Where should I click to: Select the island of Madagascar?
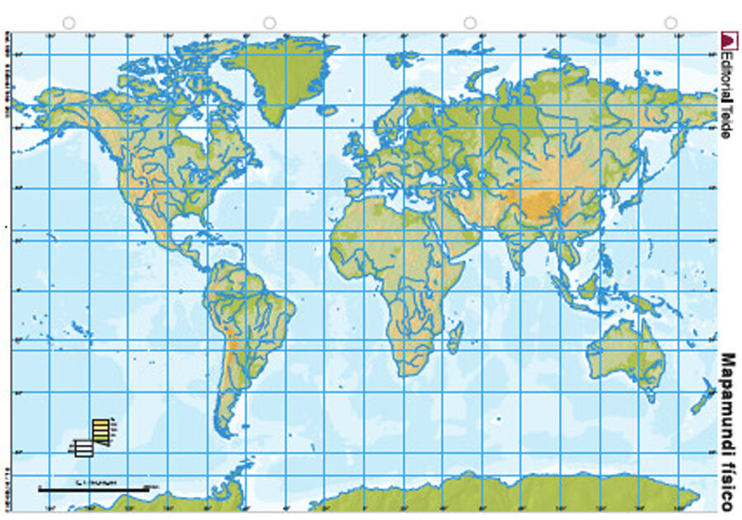454,337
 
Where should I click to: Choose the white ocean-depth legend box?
82,449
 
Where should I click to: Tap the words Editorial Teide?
726,91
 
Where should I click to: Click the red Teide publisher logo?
727,40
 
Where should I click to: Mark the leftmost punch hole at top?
69,23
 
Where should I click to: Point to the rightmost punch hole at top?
670,23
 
